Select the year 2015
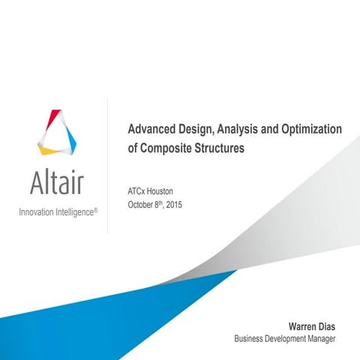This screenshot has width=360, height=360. pos(173,204)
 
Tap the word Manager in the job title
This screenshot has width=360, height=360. pos(320,338)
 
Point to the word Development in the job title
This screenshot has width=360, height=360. pos(286,338)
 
